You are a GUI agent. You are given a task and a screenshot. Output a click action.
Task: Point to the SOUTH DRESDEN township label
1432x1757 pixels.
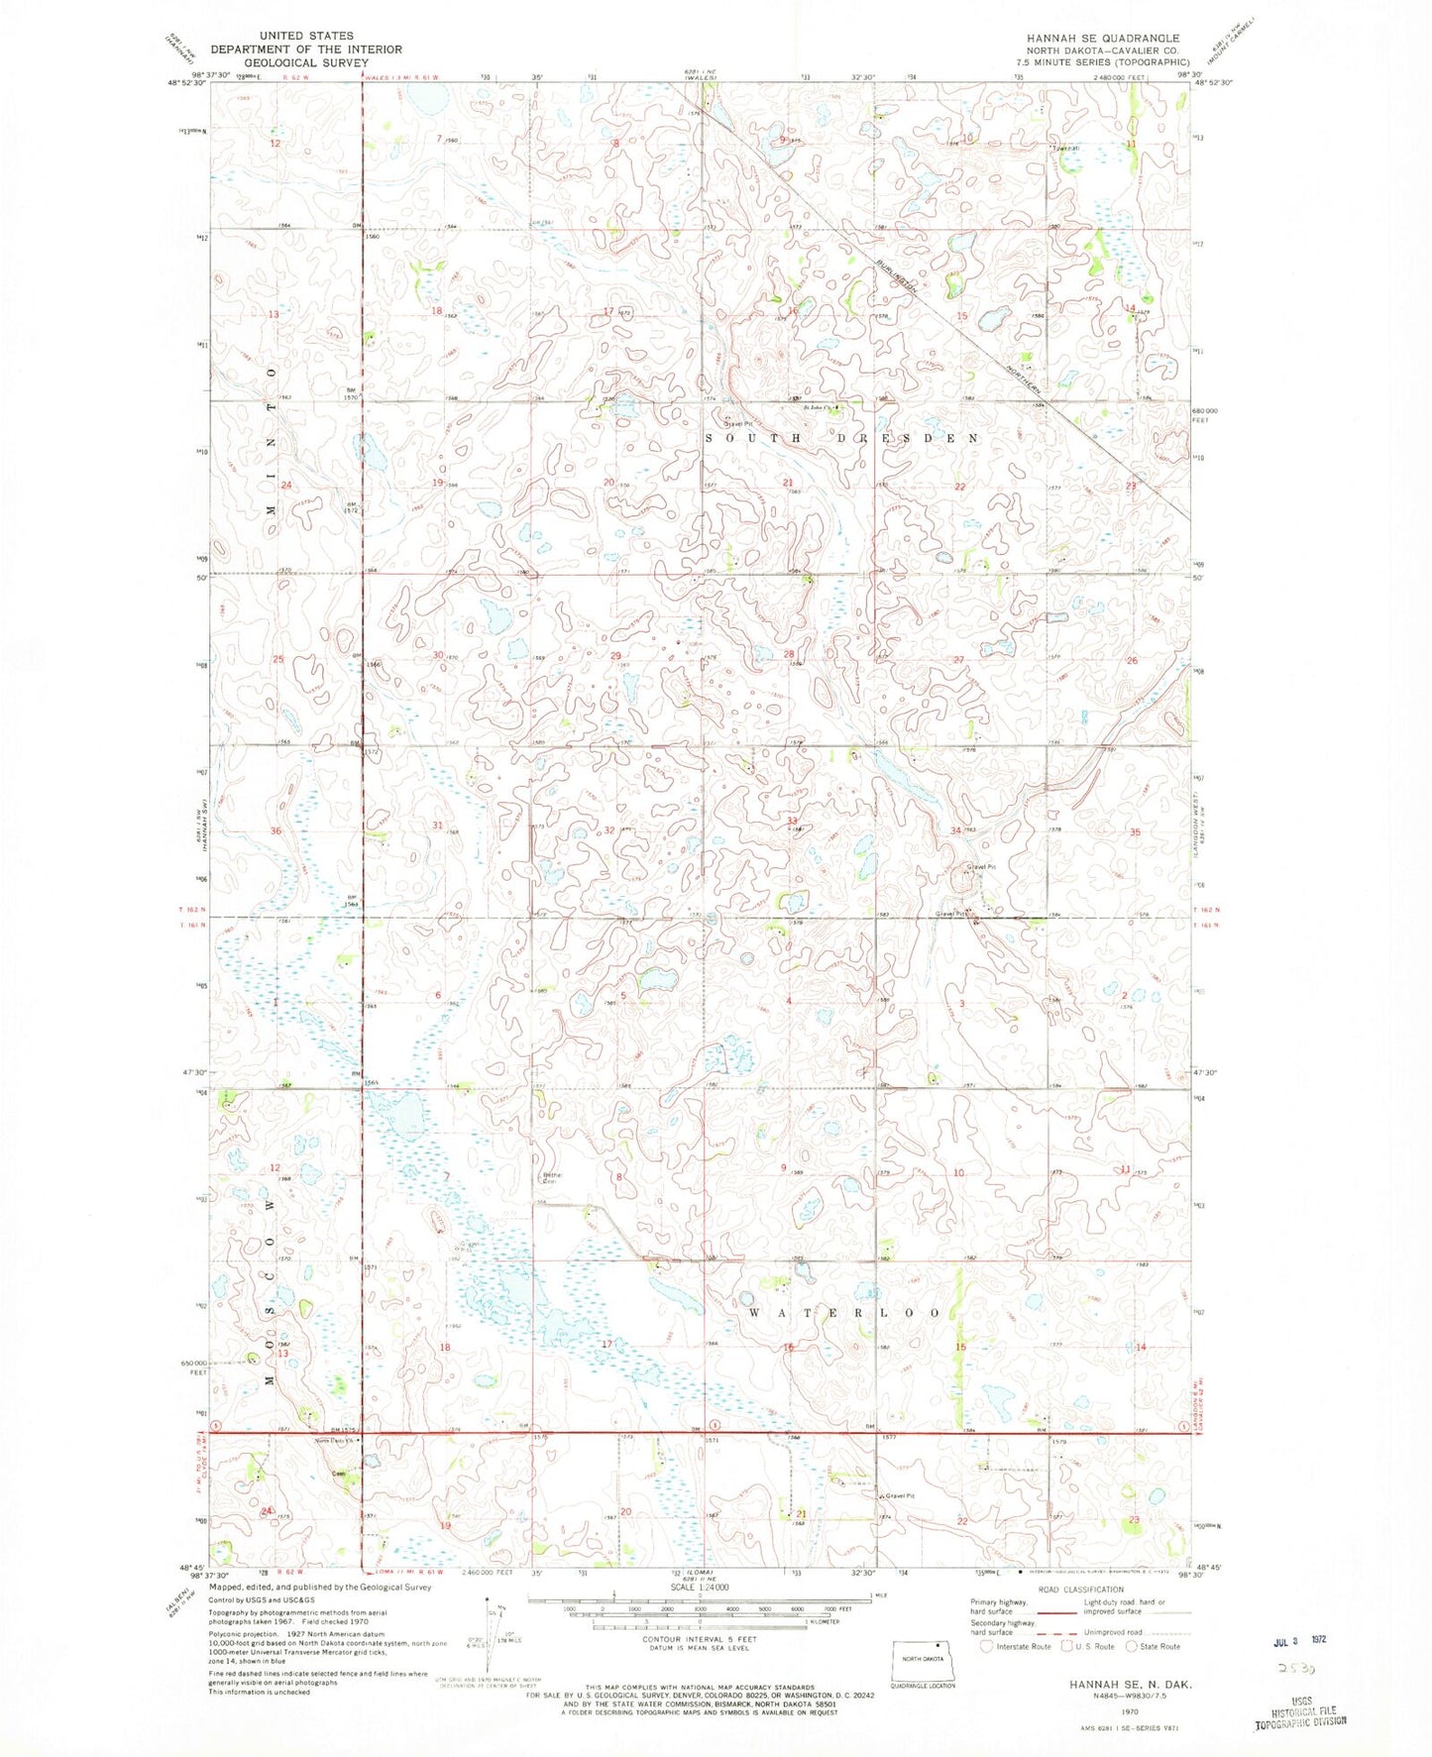(x=840, y=437)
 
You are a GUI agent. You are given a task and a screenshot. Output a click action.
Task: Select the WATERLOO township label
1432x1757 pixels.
(x=844, y=1312)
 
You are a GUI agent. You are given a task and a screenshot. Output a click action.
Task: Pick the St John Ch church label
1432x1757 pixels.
(x=818, y=407)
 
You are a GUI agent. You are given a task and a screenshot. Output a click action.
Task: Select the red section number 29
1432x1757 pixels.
(x=615, y=656)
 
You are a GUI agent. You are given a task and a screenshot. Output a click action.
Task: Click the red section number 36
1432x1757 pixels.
(x=276, y=830)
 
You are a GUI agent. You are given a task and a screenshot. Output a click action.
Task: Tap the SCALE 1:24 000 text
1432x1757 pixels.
(x=710, y=1614)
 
